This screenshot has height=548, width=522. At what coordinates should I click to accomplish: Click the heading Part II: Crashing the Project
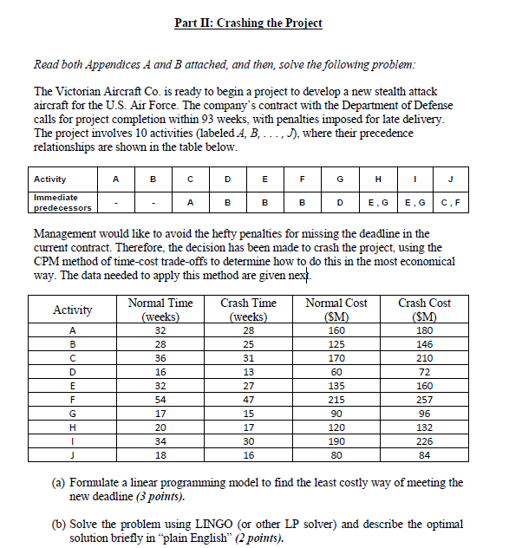[x=248, y=23]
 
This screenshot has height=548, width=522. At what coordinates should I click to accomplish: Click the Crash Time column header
[x=249, y=310]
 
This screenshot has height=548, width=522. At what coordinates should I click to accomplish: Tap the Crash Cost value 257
[x=424, y=401]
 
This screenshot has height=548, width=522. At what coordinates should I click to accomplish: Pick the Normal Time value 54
[x=160, y=401]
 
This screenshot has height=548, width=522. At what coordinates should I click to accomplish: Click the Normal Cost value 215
[x=336, y=401]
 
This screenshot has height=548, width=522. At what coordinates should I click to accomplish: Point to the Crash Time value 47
[x=249, y=401]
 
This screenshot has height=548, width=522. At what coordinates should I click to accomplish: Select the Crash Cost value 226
[x=424, y=440]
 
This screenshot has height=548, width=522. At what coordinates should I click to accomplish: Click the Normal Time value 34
[x=160, y=440]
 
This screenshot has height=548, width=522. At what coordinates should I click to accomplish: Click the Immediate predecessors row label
[x=62, y=203]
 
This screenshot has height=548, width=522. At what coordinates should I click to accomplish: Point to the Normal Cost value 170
[x=336, y=358]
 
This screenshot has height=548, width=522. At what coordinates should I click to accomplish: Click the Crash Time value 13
[x=249, y=372]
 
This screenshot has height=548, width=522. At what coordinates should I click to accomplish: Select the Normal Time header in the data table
[x=160, y=310]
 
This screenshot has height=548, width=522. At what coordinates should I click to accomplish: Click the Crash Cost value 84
[x=424, y=453]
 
